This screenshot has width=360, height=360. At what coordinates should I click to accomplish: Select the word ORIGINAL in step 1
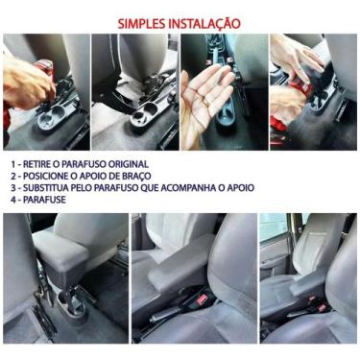click(x=126, y=163)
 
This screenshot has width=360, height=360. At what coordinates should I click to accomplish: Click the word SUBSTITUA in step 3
click(x=51, y=188)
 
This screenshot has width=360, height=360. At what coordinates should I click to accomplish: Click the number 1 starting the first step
click(x=14, y=163)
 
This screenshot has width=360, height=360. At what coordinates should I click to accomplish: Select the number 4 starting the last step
click(x=14, y=201)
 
